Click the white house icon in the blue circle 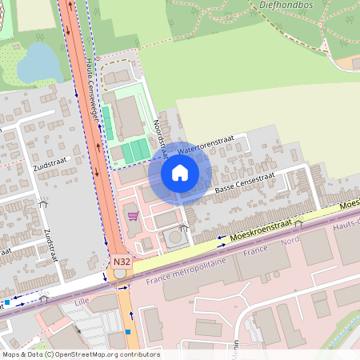point(180,173)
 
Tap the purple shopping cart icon point(133,215)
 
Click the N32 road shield point(121,262)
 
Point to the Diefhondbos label point(286,5)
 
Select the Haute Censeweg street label point(95,93)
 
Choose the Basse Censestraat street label point(244,183)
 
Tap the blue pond point(37,62)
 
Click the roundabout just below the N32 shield point(120,274)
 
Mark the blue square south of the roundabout point(128,330)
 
